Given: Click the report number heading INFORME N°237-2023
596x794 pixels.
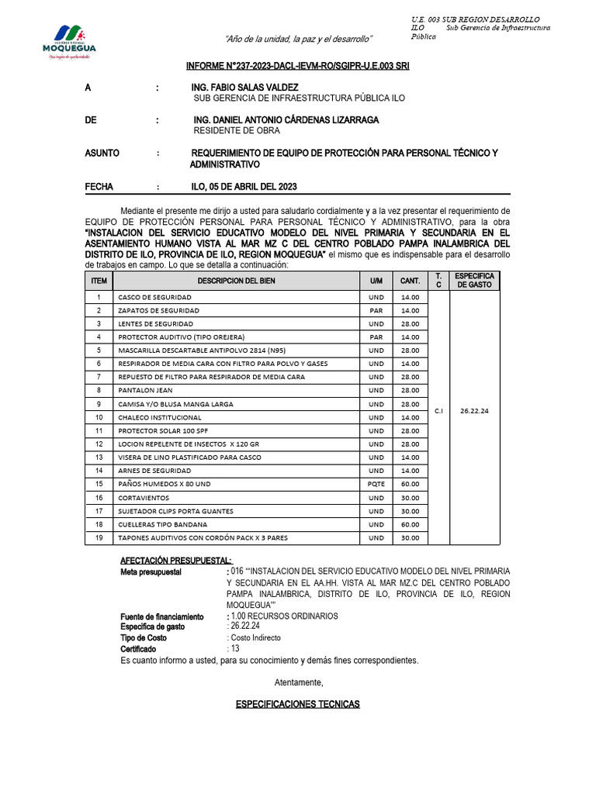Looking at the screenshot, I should (297, 67).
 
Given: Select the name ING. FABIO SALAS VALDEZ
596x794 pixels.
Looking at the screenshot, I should (244, 88).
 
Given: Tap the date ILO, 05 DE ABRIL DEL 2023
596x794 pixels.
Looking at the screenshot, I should (244, 187).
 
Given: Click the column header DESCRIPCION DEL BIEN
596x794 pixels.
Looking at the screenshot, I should (236, 281).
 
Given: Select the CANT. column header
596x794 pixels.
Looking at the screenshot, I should (410, 281).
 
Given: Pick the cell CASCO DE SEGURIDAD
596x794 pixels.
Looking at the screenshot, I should (151, 297).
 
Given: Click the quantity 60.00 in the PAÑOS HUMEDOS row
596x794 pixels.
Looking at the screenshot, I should (410, 483).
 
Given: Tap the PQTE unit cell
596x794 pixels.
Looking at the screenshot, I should (376, 483).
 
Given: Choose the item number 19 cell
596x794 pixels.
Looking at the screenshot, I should (99, 538).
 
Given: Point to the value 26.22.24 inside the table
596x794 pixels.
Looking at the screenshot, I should (474, 411).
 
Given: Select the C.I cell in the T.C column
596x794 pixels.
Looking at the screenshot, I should (438, 411).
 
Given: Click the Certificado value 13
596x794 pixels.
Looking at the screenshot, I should (233, 648).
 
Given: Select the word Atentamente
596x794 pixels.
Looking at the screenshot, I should (299, 682).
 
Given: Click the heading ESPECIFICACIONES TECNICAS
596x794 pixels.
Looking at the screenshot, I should (297, 704).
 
